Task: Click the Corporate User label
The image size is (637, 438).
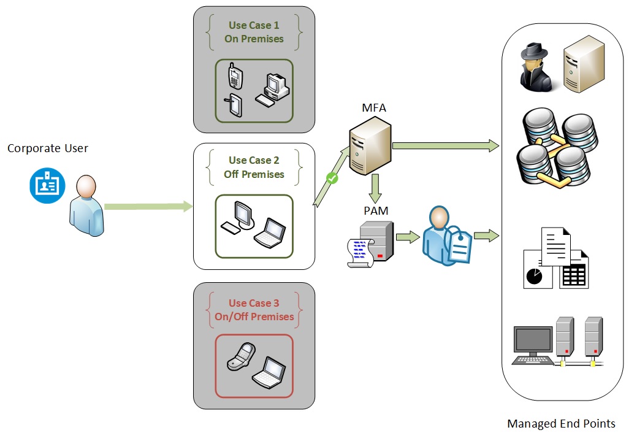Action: (x=48, y=148)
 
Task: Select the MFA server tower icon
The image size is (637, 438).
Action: (x=370, y=146)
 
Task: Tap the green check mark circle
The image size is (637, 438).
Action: (x=332, y=179)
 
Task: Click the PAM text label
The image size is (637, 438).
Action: (x=375, y=211)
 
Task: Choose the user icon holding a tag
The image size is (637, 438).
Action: (x=443, y=236)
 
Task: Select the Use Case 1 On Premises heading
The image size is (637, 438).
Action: (x=254, y=32)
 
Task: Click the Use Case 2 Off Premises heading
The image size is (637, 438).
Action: (x=254, y=167)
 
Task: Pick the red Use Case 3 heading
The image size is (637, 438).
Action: (x=254, y=310)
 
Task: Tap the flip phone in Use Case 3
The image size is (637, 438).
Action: (x=240, y=356)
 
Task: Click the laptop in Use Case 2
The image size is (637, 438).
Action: (x=269, y=232)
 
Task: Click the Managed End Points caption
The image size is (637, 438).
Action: (x=561, y=423)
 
